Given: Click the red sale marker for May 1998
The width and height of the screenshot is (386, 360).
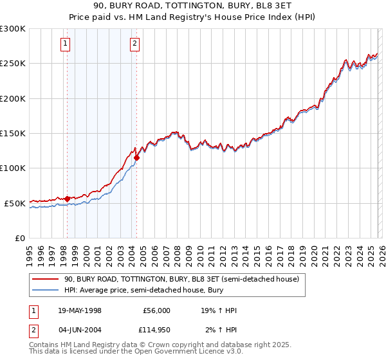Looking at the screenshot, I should coord(67,199).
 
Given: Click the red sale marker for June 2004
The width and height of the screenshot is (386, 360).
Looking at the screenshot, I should coord(136,157).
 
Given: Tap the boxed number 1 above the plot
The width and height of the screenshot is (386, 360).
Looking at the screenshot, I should coord(66,44).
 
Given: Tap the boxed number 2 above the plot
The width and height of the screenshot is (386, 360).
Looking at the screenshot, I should coord(134,44).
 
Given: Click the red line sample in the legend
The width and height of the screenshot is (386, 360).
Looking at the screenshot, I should coord(45,280).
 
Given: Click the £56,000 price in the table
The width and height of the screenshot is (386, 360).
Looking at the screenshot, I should coord(156,310).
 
